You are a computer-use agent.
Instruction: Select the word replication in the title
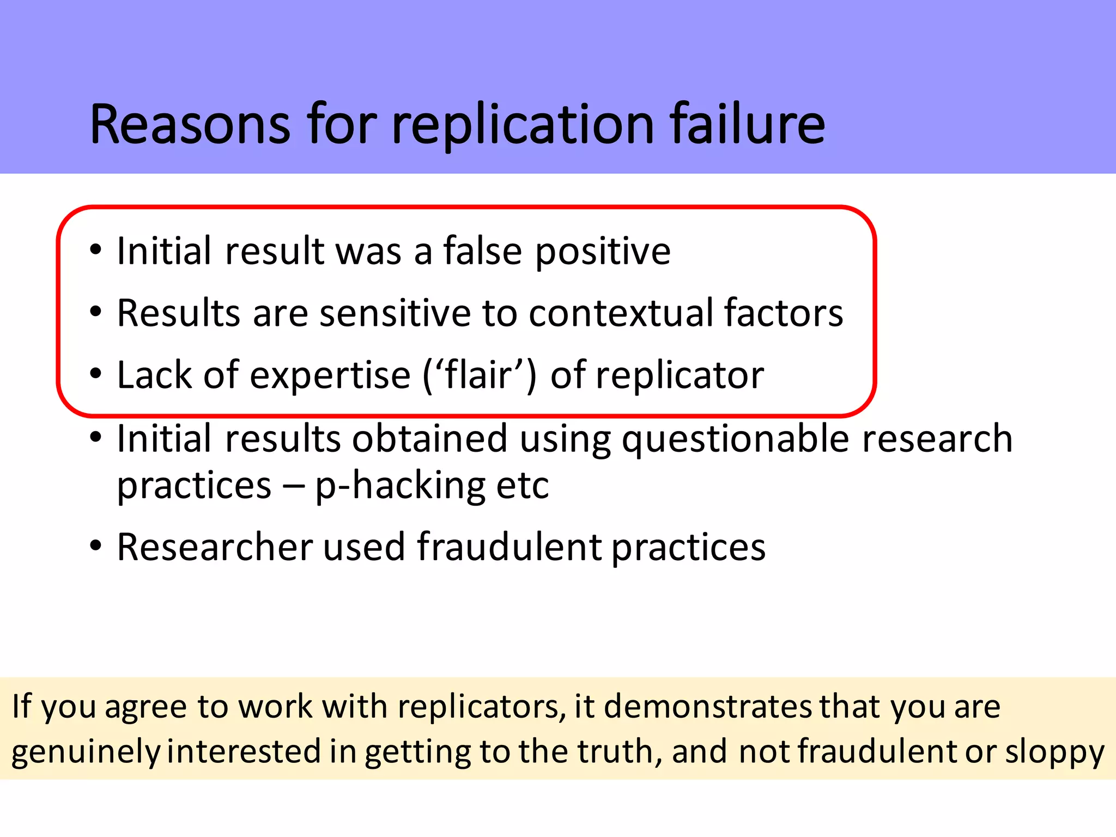pos(523,126)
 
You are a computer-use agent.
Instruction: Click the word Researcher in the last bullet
pos(215,547)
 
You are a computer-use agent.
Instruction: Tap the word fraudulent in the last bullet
pos(510,547)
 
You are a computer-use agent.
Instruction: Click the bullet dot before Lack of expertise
pos(96,374)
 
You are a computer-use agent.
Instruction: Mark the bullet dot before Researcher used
pos(96,545)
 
